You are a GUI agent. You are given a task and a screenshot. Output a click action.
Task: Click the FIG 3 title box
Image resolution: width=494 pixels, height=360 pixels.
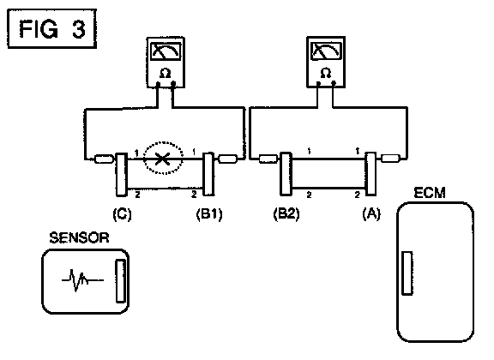[x=51, y=28]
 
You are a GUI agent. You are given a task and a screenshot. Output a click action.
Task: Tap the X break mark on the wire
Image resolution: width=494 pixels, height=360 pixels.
[x=163, y=159]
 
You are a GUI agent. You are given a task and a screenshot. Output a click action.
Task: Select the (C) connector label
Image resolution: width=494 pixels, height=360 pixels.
[x=122, y=214]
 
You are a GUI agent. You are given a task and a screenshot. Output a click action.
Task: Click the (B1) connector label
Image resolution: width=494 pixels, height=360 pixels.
[x=209, y=214]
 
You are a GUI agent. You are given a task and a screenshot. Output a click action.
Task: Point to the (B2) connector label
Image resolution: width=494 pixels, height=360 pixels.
[x=286, y=213]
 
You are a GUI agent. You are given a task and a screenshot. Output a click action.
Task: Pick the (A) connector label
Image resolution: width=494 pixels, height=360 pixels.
[x=371, y=213]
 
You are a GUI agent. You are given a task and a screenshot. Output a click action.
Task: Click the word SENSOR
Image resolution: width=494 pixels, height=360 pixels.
[x=79, y=237]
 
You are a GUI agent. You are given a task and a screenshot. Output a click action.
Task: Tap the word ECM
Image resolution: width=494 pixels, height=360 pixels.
[x=430, y=193]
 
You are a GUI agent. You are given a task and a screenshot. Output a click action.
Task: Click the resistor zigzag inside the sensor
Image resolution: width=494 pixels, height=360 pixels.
[x=82, y=279]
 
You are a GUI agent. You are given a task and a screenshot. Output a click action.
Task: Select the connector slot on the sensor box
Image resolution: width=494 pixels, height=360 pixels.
[x=120, y=281]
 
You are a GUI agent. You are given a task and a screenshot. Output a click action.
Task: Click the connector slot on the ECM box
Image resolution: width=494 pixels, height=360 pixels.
[x=407, y=273]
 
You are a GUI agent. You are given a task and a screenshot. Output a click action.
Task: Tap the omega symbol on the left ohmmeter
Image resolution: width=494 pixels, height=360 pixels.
[x=165, y=74]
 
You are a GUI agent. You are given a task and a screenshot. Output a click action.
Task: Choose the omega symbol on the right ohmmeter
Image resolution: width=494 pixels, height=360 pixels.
[x=326, y=73]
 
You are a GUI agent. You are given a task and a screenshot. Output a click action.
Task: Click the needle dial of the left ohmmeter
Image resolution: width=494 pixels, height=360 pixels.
[x=166, y=51]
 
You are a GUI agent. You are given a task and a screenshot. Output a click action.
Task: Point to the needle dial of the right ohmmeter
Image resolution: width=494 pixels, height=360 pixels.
[x=327, y=51]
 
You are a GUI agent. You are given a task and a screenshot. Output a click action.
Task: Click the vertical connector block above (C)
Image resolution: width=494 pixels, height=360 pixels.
[x=122, y=174]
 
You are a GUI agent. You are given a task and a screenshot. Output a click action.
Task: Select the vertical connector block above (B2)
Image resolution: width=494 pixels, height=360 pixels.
[x=286, y=174]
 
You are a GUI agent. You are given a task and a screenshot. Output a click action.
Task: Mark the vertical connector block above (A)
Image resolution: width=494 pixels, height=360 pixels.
[x=370, y=173]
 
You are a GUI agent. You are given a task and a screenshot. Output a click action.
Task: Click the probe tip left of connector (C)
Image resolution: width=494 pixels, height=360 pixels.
[x=104, y=159]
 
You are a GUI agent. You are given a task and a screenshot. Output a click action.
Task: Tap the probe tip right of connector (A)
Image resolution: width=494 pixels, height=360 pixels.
[x=391, y=158]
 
